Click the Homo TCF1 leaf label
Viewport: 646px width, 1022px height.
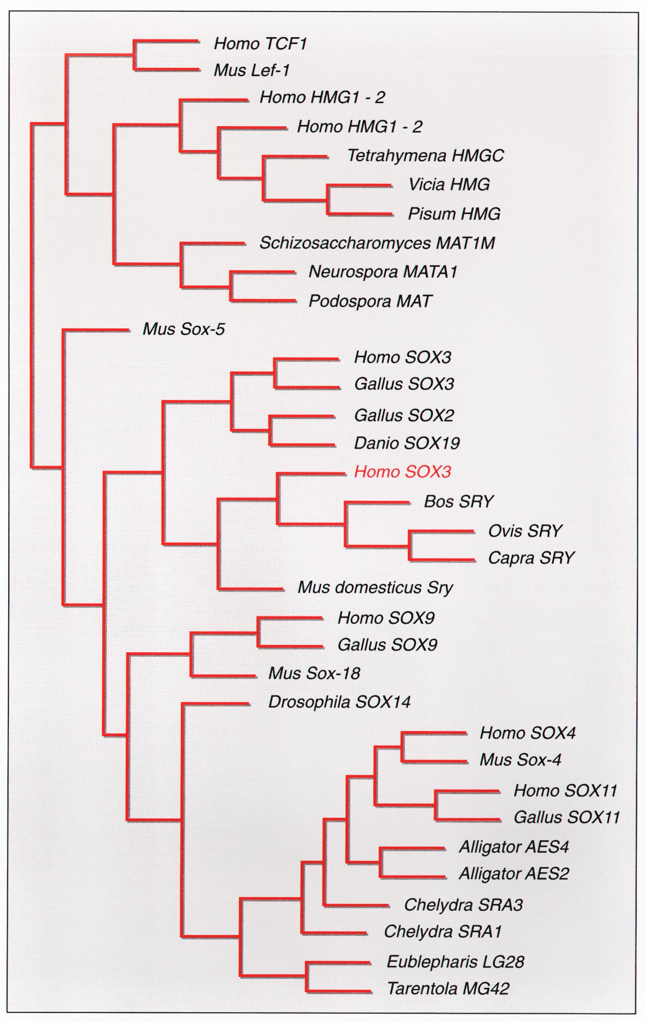click(260, 44)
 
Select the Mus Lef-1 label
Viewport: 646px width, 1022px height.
click(252, 70)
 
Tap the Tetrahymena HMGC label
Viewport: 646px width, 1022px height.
click(425, 156)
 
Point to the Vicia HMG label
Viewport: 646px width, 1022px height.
click(449, 184)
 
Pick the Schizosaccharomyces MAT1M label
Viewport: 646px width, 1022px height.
click(377, 243)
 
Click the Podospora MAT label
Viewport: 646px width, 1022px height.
click(370, 301)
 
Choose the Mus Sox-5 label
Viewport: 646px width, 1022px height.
click(184, 329)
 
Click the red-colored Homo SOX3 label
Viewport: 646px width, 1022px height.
click(403, 472)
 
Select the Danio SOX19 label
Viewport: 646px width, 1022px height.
click(407, 443)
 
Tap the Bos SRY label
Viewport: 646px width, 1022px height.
click(458, 501)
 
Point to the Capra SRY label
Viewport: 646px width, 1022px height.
click(531, 558)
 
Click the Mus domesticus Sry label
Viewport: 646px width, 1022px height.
click(375, 587)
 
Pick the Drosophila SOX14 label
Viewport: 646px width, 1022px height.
click(339, 702)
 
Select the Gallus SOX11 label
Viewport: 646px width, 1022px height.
click(567, 817)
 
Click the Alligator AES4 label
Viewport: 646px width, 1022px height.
click(514, 847)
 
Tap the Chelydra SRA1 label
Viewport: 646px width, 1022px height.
click(443, 932)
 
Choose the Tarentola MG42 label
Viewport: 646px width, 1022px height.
click(448, 989)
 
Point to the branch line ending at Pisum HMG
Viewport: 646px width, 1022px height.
click(360, 214)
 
